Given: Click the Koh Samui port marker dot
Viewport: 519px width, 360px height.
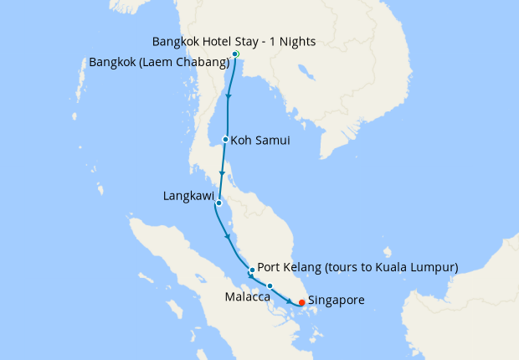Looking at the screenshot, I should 226,140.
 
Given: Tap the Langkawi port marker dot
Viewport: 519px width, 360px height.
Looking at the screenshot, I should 218,203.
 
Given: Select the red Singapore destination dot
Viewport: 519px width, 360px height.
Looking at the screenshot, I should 301,302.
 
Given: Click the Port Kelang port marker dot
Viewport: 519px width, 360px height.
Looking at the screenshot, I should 252,270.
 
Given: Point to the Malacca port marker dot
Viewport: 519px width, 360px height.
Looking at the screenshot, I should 270,286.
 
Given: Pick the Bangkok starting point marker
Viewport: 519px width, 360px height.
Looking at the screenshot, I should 235,54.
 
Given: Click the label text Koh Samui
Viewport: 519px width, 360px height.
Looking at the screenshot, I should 260,141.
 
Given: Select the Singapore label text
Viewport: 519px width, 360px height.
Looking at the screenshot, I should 336,300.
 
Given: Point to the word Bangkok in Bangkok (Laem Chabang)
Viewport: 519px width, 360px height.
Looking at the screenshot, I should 114,63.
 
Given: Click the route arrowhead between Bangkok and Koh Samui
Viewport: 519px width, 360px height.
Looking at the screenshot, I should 229,98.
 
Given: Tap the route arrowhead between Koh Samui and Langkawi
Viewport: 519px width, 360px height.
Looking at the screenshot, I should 222,173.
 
